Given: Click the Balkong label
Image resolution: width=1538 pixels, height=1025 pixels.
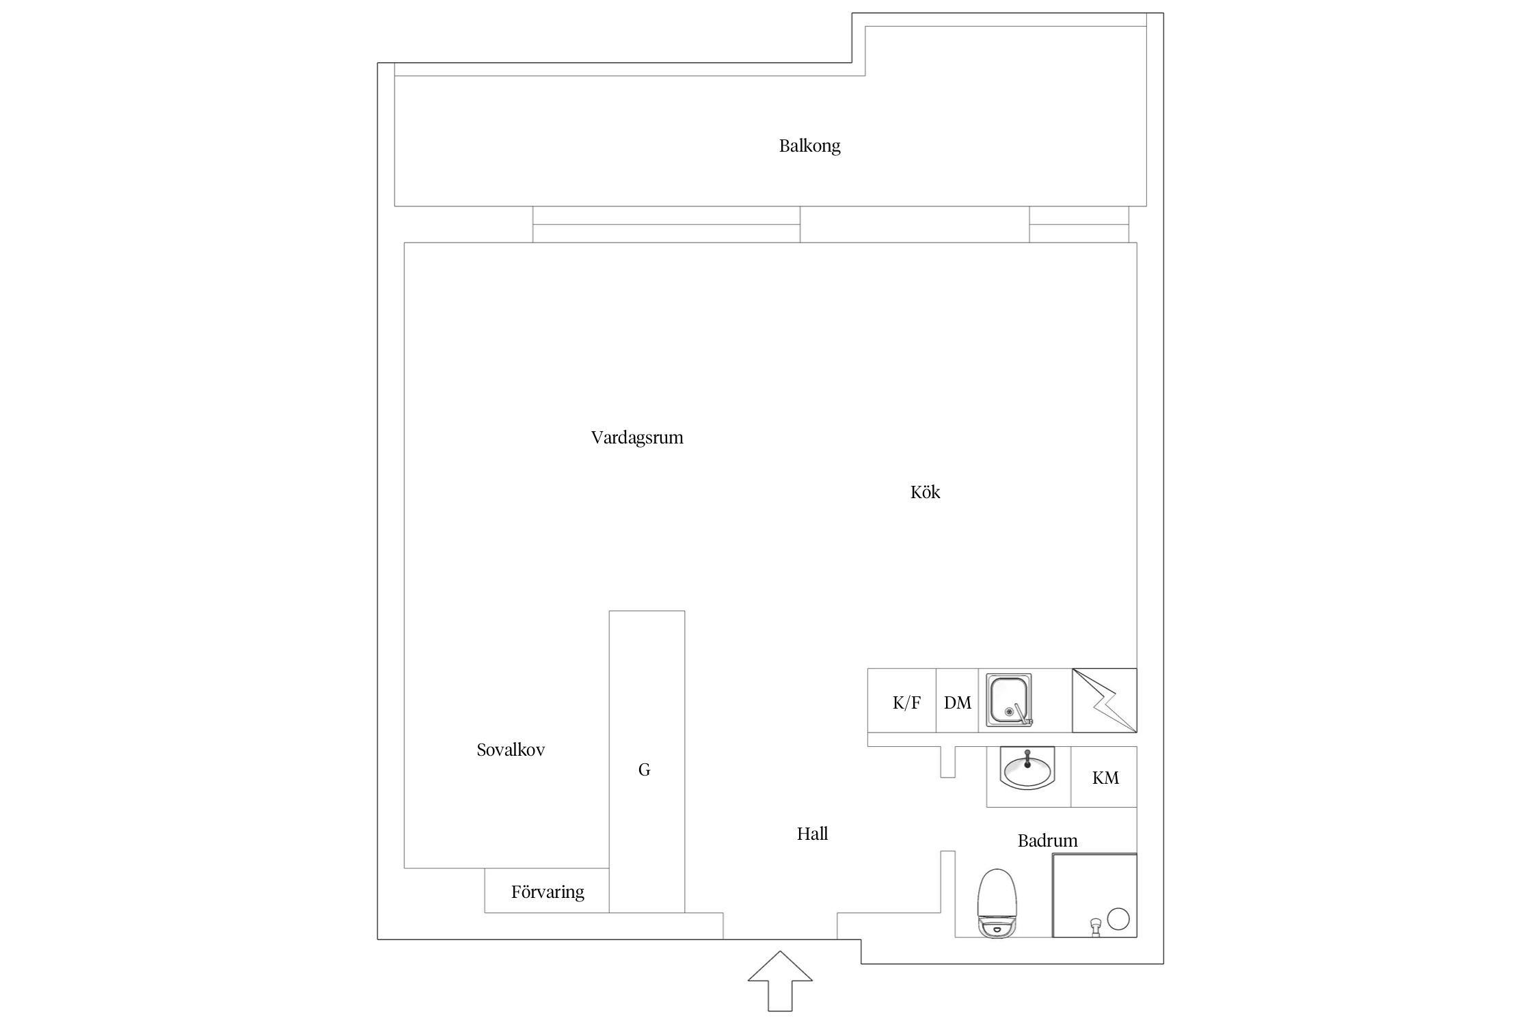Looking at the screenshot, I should click(809, 146).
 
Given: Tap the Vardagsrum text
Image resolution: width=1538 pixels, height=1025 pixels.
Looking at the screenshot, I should click(637, 437).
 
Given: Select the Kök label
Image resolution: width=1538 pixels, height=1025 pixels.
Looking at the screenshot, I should click(925, 492).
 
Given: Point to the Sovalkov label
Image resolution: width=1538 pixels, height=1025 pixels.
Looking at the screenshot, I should click(511, 750).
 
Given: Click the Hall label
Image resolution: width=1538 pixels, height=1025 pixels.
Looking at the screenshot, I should click(812, 834).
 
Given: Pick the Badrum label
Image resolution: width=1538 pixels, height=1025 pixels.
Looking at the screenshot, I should click(1047, 840).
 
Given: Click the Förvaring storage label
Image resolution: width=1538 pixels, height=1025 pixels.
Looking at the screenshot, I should click(548, 892).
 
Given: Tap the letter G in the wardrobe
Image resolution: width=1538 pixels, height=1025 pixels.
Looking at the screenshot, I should click(644, 770).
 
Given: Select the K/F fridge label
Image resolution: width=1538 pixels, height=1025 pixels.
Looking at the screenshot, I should click(906, 702).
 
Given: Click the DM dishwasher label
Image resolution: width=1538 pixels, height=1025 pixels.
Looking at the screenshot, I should click(957, 702).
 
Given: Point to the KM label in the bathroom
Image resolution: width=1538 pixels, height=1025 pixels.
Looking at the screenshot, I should click(1105, 778).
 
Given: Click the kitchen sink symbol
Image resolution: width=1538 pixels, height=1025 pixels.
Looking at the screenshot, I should click(1008, 700).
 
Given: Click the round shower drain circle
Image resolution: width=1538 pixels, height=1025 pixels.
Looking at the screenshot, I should click(1118, 918).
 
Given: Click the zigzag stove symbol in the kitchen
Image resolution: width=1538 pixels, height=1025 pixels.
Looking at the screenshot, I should click(1104, 700).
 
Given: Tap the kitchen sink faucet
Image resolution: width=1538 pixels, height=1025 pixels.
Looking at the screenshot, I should click(1021, 714).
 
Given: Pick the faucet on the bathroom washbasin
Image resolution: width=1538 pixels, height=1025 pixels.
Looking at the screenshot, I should click(1027, 758).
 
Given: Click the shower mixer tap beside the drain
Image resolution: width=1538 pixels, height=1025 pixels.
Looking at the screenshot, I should click(1096, 926).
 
